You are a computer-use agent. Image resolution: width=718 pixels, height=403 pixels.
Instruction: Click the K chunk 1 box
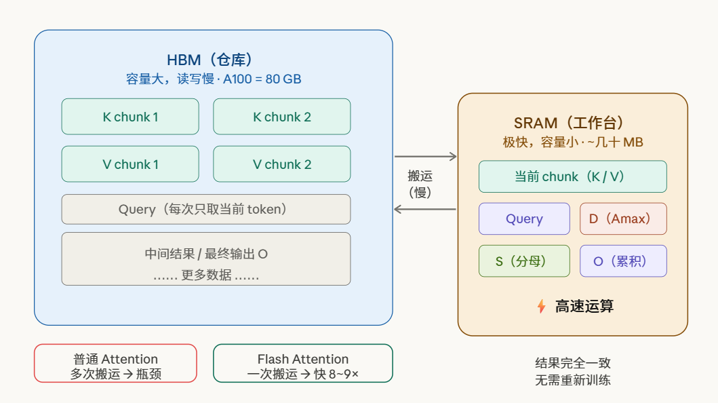click(130, 117)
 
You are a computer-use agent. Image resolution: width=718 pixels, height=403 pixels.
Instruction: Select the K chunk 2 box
click(282, 117)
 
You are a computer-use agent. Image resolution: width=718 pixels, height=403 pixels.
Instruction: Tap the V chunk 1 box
click(130, 164)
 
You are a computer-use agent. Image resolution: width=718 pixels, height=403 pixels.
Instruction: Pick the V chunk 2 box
click(282, 164)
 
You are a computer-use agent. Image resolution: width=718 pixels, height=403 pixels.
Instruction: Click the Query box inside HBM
click(206, 209)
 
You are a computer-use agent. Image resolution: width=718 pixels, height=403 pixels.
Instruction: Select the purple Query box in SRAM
click(524, 218)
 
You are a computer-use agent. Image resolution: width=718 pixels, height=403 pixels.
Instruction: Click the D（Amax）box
click(623, 218)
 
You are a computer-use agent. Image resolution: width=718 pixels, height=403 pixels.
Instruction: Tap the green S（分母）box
click(524, 261)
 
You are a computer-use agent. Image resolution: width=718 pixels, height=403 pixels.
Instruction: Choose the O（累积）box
click(623, 261)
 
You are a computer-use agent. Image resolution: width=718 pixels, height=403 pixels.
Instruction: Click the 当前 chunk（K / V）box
click(572, 176)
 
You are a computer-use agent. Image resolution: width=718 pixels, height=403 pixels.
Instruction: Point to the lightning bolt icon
click(541, 306)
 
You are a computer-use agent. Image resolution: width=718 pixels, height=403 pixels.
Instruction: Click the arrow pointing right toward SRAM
click(426, 157)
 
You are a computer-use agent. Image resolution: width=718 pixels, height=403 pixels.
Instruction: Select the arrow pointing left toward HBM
click(426, 209)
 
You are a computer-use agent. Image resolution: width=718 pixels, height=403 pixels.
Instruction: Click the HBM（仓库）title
click(214, 60)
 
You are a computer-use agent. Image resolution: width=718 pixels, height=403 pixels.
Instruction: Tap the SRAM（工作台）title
click(572, 123)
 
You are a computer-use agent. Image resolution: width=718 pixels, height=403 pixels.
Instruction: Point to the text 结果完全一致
click(572, 363)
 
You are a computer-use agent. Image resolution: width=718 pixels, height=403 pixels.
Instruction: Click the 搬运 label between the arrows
click(420, 176)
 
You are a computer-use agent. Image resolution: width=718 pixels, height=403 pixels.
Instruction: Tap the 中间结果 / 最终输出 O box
click(206, 259)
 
